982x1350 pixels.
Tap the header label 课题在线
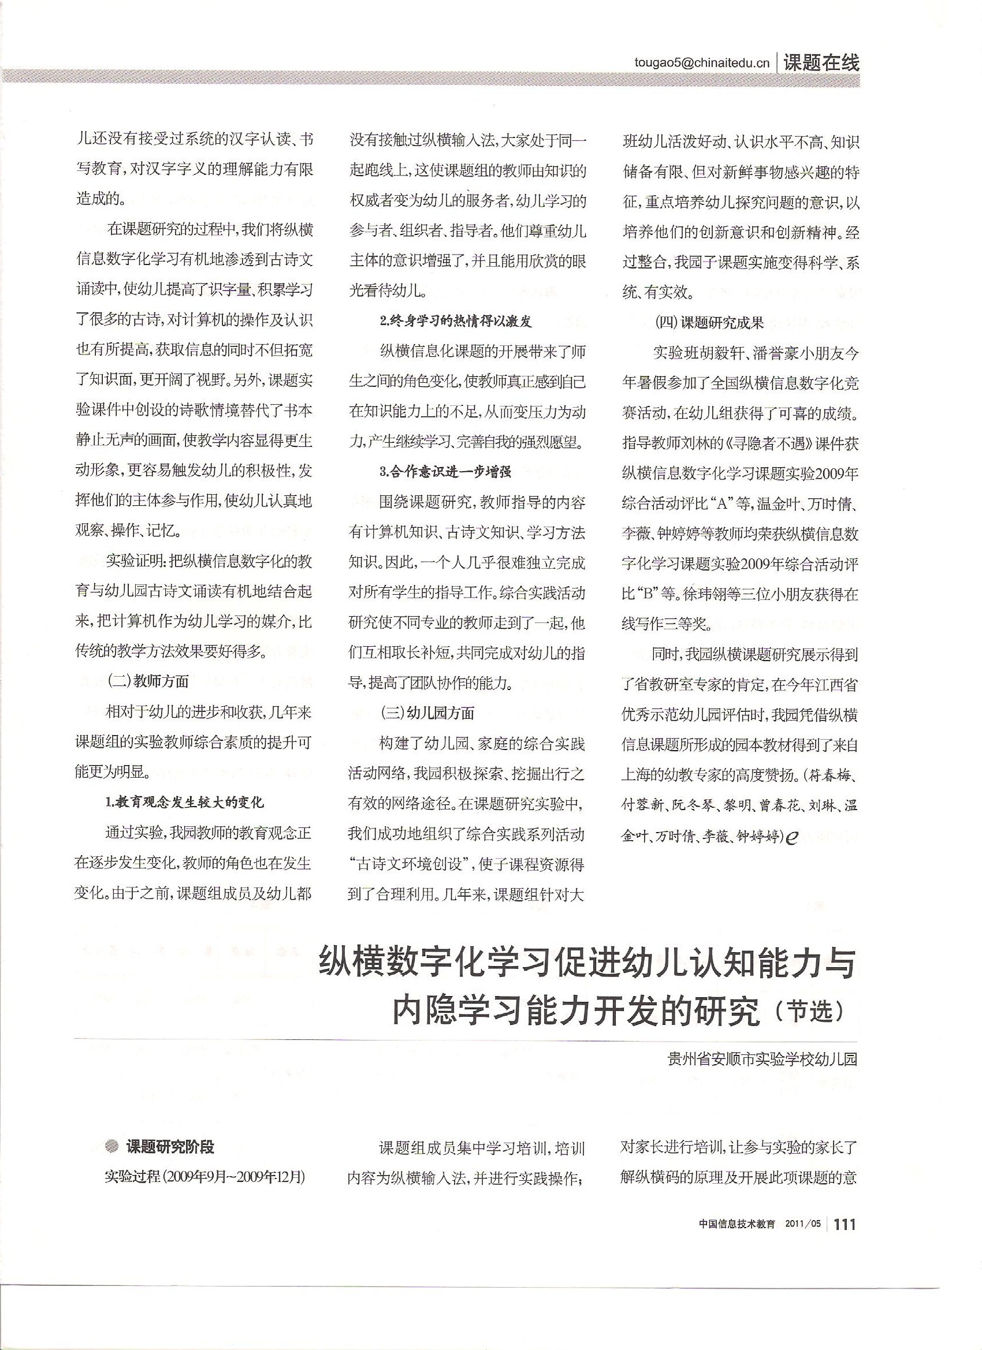821,62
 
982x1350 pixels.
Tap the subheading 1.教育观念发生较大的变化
184,803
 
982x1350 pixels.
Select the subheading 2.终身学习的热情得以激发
456,322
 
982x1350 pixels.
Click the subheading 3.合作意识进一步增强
445,473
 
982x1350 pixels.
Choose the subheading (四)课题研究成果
709,323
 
